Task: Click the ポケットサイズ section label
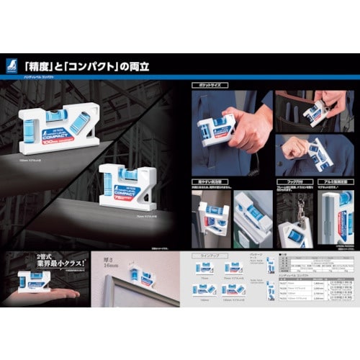[x=208, y=86]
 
